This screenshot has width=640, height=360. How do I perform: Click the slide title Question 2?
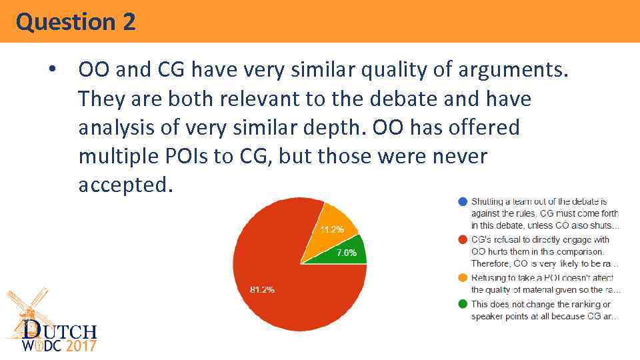pos(76,22)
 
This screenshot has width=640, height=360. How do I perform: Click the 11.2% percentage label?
pos(331,229)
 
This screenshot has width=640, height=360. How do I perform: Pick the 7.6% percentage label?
pos(346,253)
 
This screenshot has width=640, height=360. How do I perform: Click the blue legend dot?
pos(463,201)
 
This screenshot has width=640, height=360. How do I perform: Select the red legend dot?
pos(463,239)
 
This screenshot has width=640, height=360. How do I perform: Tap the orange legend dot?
pos(463,277)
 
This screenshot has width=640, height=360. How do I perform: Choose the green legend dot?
pos(463,303)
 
